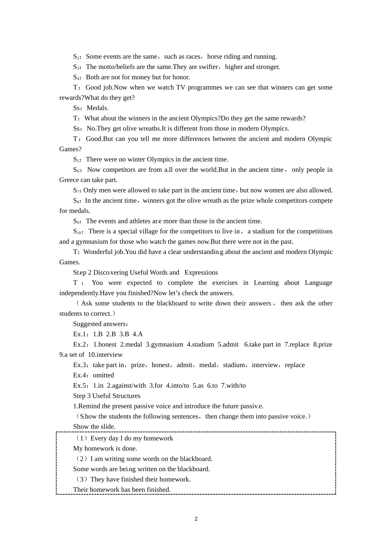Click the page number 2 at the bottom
click(x=196, y=519)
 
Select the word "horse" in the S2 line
click(x=215, y=57)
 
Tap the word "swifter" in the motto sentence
click(x=208, y=67)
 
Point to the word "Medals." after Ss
click(x=98, y=108)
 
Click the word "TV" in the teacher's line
click(x=181, y=87)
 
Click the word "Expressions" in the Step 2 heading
click(x=201, y=273)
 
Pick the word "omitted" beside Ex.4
click(x=103, y=375)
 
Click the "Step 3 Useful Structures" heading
click(x=106, y=396)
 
